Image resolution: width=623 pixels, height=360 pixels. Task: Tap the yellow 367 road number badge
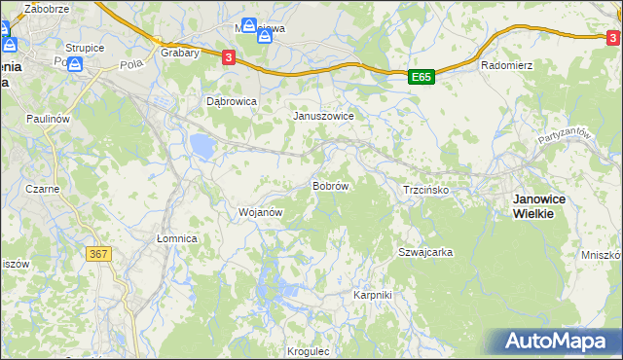click(98, 254)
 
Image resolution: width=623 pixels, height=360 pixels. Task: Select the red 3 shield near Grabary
click(228, 57)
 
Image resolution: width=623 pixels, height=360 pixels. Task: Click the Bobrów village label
click(330, 185)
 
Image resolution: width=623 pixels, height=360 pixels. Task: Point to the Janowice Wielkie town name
click(546, 205)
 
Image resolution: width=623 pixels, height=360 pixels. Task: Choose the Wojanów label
click(260, 211)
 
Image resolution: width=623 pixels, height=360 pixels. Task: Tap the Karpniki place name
click(372, 294)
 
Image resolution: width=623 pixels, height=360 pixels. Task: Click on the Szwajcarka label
click(425, 252)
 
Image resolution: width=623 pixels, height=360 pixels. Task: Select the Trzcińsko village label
click(424, 191)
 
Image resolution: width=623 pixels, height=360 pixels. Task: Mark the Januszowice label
click(324, 115)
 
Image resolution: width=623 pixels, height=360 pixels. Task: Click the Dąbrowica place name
click(232, 100)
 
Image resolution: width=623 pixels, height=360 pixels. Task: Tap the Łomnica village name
click(177, 238)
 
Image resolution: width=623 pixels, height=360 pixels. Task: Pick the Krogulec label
click(310, 351)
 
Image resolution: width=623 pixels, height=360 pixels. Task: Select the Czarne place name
click(43, 189)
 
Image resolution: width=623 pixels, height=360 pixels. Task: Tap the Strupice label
click(85, 47)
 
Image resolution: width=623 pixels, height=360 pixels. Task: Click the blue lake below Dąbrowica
click(202, 147)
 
